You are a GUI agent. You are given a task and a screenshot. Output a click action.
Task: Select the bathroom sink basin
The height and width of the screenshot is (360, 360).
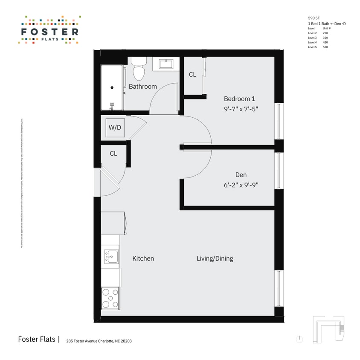pos(166,64)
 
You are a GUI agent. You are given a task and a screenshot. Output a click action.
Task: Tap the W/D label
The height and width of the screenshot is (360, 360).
pos(115,127)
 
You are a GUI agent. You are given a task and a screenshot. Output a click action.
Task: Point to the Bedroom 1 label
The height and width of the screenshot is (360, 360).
pos(239,99)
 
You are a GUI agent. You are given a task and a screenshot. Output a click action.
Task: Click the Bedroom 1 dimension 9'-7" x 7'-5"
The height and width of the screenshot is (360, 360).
pos(241,109)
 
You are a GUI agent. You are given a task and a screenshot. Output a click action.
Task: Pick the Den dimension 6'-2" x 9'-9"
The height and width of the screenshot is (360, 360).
pos(241,185)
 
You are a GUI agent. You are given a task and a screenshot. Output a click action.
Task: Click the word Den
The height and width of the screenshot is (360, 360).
pos(241,175)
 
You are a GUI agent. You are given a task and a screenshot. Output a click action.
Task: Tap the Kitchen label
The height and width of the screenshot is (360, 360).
pos(143,258)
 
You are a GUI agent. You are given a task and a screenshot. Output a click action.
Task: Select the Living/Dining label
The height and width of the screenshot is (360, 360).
pos(215,258)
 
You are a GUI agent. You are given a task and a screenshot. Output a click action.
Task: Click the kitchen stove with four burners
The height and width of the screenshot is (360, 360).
pos(110,298)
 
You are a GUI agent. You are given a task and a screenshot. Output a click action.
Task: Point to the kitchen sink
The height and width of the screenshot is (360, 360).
pos(112,256)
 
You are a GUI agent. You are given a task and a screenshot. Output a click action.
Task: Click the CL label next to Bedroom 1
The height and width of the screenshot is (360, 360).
pos(192,75)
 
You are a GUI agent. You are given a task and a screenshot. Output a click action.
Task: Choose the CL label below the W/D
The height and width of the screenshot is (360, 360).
pos(113,154)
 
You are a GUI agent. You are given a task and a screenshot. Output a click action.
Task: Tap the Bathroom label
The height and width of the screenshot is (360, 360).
pos(143,87)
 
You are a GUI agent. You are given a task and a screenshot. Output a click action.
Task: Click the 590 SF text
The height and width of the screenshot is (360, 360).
pos(314,18)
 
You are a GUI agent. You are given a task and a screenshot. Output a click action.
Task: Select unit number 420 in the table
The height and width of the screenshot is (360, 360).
pos(325,43)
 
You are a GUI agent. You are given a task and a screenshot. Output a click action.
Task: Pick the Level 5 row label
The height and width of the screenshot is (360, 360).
pos(312,47)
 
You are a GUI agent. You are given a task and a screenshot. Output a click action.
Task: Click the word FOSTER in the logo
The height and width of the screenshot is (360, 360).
pos(49,32)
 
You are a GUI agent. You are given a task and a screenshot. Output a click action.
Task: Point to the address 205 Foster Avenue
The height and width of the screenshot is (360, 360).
pos(96,341)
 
